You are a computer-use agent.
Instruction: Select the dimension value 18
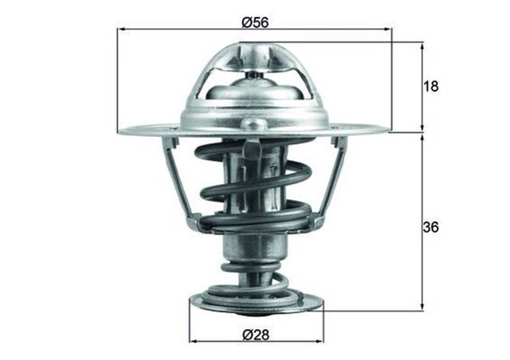pyautogui.click(x=432, y=86)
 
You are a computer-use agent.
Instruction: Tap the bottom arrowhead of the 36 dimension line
pyautogui.click(x=422, y=306)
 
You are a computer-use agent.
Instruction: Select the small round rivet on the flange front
pyautogui.click(x=255, y=123)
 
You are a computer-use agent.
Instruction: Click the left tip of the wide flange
pyautogui.click(x=120, y=131)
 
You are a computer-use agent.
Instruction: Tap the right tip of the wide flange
pyautogui.click(x=389, y=130)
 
